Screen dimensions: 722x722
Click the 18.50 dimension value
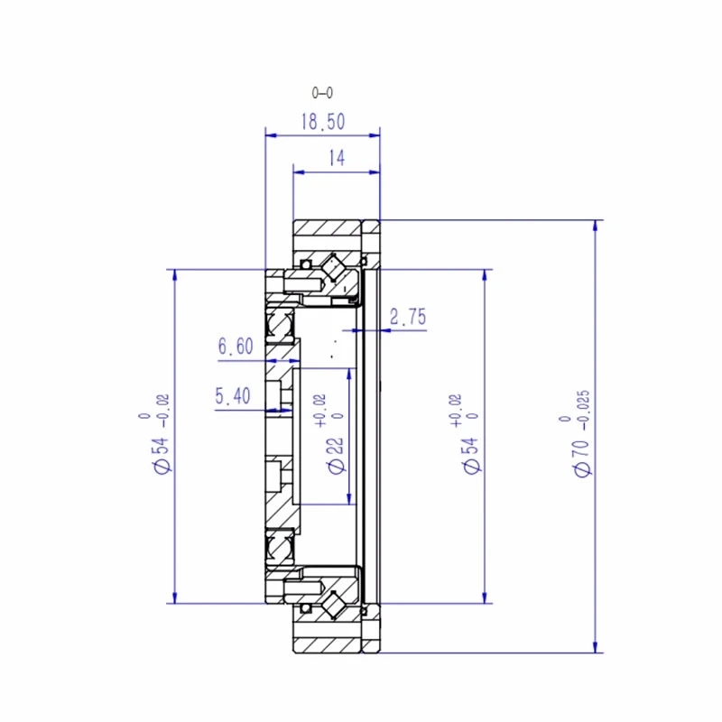click(322, 123)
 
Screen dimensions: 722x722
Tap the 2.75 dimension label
click(407, 317)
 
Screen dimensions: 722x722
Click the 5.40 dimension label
click(234, 395)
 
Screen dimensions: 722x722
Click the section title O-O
click(322, 92)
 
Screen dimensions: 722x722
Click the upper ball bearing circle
click(280, 323)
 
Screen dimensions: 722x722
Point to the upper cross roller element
click(336, 269)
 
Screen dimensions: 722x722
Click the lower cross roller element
click(336, 603)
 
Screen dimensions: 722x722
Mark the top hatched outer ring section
click(325, 232)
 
